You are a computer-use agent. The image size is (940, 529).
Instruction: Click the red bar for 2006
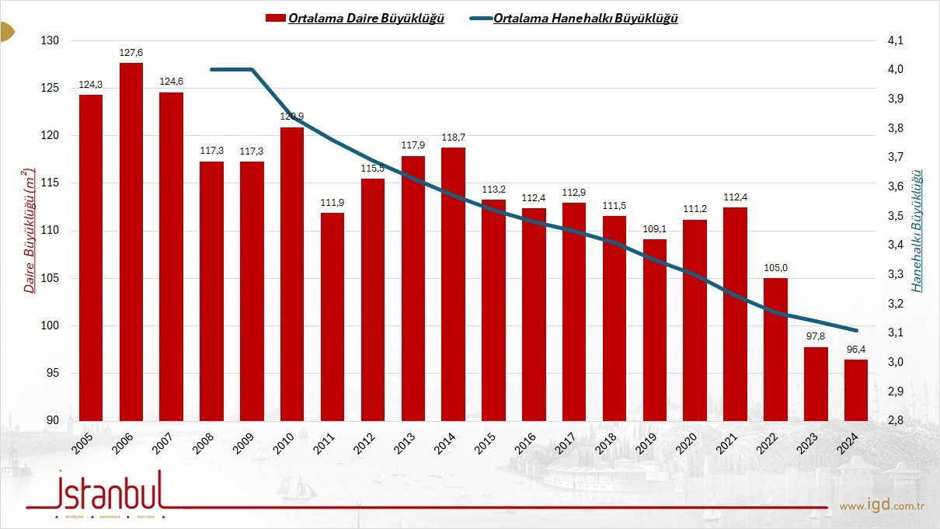(131, 242)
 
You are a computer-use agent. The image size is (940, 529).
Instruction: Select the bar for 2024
(856, 390)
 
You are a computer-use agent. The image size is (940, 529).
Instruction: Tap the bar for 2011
(332, 317)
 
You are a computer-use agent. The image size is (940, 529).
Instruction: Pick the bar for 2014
(453, 284)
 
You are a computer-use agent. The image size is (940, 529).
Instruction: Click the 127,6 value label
(131, 53)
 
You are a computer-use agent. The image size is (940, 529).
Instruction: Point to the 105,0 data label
(775, 268)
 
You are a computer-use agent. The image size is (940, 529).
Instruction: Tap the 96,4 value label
(856, 350)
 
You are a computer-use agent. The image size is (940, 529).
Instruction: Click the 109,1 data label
(655, 229)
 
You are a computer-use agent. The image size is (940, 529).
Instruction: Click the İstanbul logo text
(110, 491)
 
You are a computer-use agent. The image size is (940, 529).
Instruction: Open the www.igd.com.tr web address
(881, 506)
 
